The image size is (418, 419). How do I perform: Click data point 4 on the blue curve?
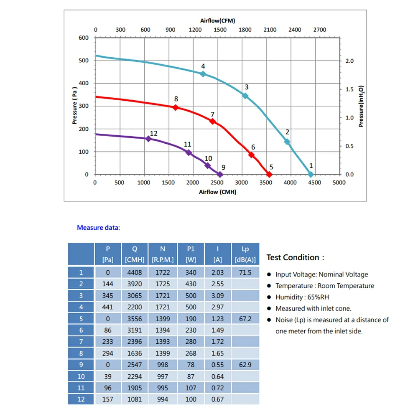point(203,74)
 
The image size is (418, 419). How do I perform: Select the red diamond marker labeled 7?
point(212,121)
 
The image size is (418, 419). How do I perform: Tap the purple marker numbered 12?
point(148,139)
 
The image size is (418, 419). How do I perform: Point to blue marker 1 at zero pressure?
point(311,174)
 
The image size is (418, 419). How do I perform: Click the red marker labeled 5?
point(269,174)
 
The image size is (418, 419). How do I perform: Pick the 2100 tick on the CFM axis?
point(270,30)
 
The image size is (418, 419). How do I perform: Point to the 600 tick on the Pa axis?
point(84,38)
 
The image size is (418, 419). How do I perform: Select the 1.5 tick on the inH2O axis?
point(349,89)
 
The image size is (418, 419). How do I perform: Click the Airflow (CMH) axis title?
point(217,192)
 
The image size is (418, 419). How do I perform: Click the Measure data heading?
point(98,228)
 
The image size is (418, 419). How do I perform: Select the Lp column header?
point(245,254)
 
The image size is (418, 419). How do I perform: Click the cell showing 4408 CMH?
point(135,272)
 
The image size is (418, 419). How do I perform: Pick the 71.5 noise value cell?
point(245,272)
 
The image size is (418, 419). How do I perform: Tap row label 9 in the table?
point(81,365)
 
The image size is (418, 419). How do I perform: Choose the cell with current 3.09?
point(217,295)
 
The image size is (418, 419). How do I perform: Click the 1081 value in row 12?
point(135,399)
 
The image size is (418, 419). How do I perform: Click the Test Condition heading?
point(295,257)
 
